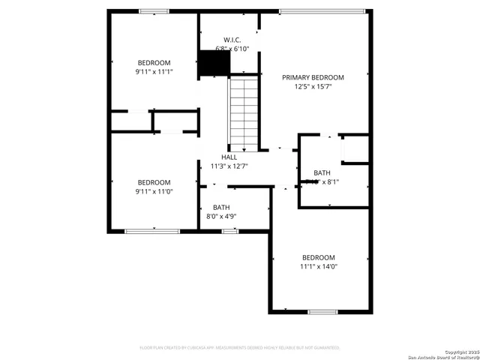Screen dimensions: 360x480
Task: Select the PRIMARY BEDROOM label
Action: (313, 77)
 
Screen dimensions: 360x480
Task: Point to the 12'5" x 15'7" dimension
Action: (313, 86)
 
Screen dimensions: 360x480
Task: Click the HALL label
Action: (229, 157)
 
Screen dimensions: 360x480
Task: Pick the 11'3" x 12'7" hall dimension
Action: (229, 166)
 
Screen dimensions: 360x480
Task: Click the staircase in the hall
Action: (243, 113)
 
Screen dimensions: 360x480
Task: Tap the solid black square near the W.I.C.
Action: (213, 64)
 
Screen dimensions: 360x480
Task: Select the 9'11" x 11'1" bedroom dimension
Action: (154, 72)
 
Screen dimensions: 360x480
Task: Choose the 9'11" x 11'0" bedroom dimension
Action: (154, 191)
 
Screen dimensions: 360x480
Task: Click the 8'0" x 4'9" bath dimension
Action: (221, 217)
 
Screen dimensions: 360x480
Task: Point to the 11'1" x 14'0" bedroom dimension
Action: (319, 266)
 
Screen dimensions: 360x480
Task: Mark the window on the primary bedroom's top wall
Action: (322, 11)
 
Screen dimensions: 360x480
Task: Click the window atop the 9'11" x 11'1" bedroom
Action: (154, 11)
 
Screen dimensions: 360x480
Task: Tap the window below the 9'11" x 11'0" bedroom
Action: (152, 231)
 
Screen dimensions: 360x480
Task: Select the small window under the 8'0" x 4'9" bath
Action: (230, 231)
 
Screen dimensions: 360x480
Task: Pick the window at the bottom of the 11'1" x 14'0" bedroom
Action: (322, 311)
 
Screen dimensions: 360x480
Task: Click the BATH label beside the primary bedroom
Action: (322, 172)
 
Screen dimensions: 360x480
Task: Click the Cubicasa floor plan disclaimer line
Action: (240, 348)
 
